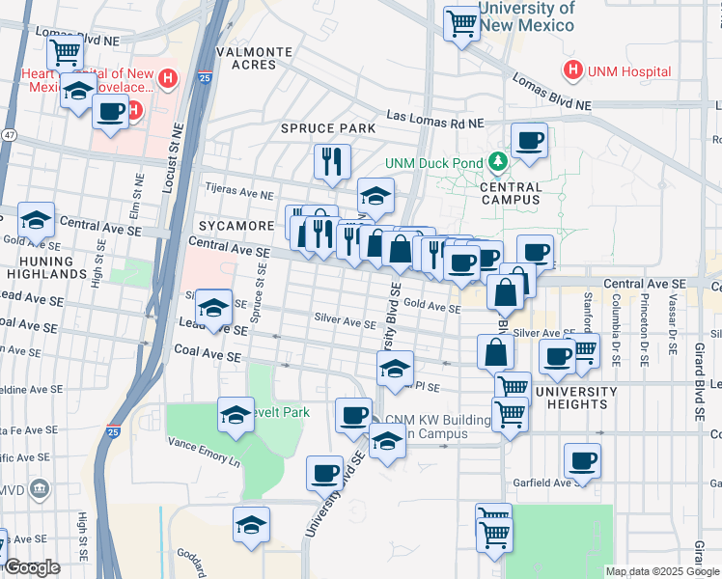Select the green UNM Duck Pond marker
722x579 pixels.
tap(498, 160)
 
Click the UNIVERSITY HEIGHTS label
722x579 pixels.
tap(576, 399)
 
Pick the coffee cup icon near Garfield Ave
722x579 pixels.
tap(582, 460)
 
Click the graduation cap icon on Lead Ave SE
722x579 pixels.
tap(213, 308)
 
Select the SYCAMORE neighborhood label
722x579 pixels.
tap(236, 226)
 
